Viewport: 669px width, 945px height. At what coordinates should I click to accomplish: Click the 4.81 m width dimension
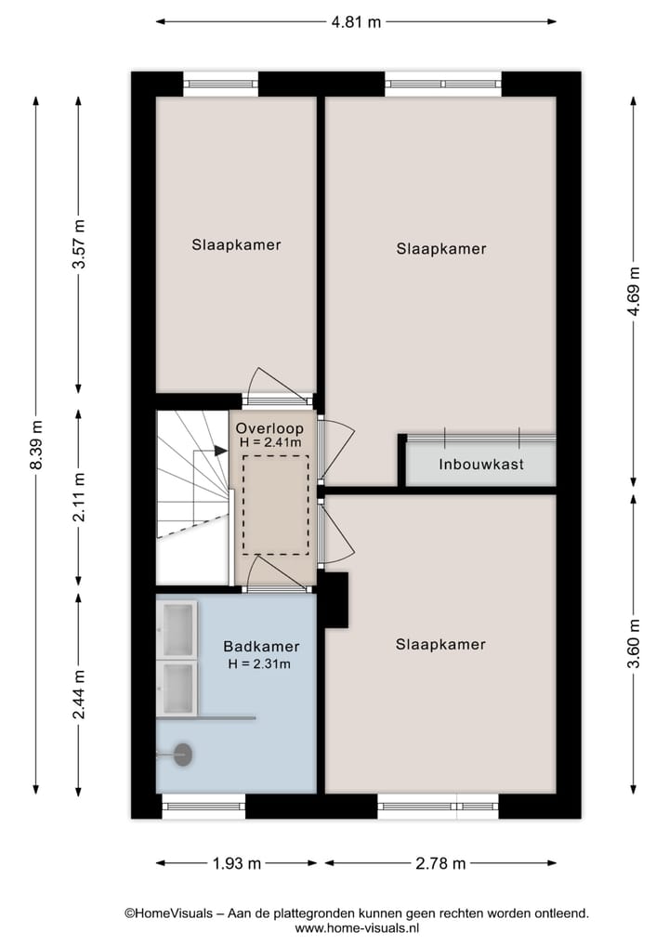pos(356,21)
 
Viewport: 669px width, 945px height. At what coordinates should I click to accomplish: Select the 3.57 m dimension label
pos(79,244)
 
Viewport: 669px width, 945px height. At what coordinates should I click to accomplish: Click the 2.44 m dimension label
pos(79,694)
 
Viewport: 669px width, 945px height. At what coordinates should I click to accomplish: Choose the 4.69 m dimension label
pos(634,292)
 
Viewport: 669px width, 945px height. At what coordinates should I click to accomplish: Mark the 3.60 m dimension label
pos(634,643)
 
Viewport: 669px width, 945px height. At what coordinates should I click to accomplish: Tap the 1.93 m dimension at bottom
pos(236,863)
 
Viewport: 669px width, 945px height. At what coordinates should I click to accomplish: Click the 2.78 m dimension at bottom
pos(440,863)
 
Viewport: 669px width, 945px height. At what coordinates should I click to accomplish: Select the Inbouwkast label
pos(481,464)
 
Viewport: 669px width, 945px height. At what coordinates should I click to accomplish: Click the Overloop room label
pos(269,428)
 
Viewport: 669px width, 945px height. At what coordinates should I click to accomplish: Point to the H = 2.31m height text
pos(260,663)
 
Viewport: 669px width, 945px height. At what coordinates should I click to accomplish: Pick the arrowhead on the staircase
pos(221,451)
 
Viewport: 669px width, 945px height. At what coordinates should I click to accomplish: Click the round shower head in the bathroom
pos(182,755)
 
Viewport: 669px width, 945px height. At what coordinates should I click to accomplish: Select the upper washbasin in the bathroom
pos(177,628)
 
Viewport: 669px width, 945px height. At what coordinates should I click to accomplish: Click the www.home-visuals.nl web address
pos(358,928)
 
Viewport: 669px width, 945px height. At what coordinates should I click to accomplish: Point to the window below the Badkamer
pos(203,806)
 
